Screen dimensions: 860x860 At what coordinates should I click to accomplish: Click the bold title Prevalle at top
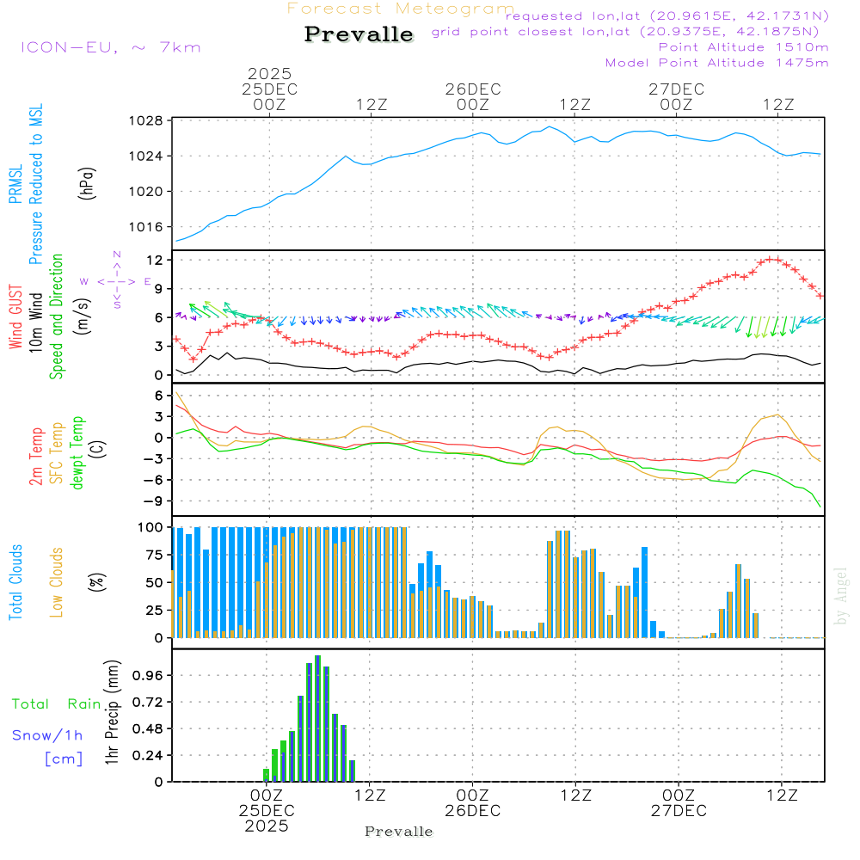click(359, 34)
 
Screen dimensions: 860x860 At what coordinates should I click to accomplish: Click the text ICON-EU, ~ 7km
click(110, 47)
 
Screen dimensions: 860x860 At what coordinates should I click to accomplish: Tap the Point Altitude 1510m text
click(743, 47)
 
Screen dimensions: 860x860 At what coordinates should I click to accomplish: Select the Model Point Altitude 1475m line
click(716, 63)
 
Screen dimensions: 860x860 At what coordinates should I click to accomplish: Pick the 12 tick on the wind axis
click(156, 260)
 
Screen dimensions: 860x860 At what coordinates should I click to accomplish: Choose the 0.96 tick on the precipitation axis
click(146, 676)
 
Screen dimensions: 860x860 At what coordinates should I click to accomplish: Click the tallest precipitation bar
click(317, 718)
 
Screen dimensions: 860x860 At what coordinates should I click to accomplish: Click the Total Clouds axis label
click(15, 582)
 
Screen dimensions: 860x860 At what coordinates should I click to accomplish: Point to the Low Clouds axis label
click(58, 582)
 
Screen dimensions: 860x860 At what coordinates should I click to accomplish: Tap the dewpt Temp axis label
click(77, 453)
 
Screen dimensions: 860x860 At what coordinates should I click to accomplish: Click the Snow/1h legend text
click(47, 735)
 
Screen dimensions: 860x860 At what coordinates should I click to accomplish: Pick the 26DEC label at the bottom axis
click(472, 811)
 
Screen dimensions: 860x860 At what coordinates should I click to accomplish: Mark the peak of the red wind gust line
click(773, 258)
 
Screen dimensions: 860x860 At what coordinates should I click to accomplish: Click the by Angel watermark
click(841, 596)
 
